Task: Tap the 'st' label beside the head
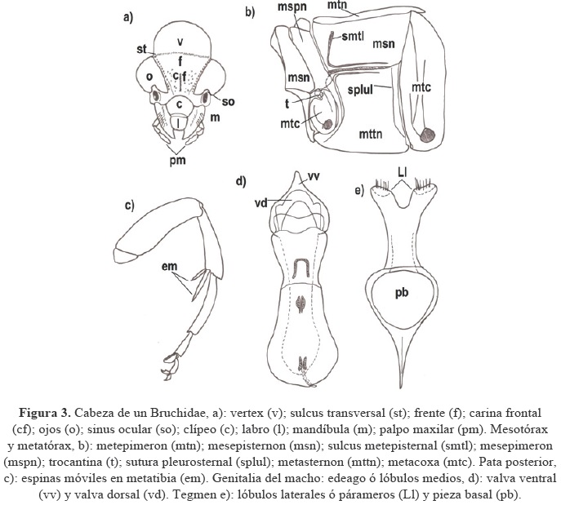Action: [x=142, y=50]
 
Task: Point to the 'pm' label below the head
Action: [x=178, y=161]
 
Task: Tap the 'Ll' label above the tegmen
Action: [x=402, y=174]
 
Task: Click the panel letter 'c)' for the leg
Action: [x=130, y=205]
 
